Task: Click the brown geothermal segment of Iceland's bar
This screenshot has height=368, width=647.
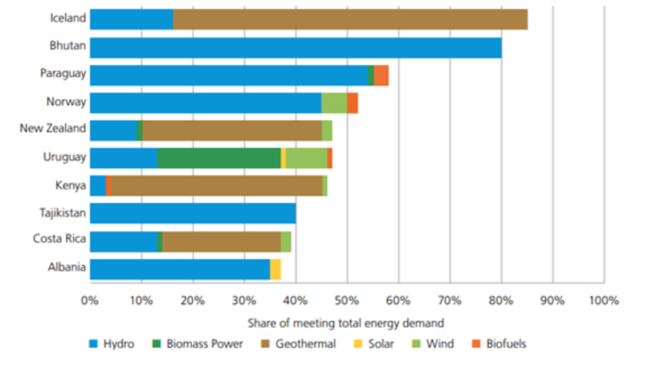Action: (x=350, y=20)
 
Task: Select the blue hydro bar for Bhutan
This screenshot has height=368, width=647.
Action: (x=295, y=48)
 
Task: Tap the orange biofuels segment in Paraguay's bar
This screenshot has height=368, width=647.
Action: (x=381, y=75)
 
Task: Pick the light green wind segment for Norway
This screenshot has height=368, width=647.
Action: (x=334, y=103)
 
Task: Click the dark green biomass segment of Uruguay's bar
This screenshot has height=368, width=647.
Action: (x=219, y=158)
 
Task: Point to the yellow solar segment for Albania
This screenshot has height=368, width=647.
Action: (x=275, y=269)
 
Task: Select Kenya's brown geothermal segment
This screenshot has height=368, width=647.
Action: (x=216, y=186)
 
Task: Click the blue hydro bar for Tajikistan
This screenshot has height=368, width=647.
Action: (x=193, y=213)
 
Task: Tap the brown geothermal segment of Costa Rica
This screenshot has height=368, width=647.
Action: (x=221, y=241)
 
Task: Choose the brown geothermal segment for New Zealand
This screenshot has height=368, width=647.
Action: (x=232, y=130)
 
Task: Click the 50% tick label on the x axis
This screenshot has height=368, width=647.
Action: (x=347, y=301)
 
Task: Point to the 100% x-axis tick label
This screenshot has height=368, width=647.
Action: (x=603, y=301)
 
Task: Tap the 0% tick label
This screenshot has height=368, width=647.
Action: (x=90, y=301)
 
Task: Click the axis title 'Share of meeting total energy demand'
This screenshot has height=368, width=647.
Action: (x=346, y=323)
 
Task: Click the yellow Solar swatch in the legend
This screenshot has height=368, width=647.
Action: (x=358, y=344)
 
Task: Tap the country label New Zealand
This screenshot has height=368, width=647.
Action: (x=53, y=128)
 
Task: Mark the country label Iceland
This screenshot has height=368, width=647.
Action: (x=68, y=18)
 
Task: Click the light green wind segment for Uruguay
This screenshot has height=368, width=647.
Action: (x=306, y=158)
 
